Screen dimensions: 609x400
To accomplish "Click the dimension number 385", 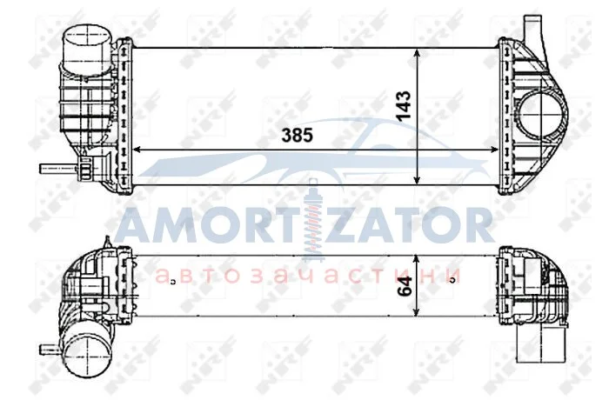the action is (298, 136).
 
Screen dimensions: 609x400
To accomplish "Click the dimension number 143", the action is (403, 105).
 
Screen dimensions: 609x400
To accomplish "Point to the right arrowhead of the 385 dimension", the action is (493, 150).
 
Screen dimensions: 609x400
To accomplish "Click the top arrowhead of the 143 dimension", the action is (417, 54).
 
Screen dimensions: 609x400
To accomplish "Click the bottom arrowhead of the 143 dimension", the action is (417, 178).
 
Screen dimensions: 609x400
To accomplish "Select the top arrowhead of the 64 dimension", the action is (416, 260).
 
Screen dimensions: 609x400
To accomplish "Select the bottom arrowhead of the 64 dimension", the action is (416, 310).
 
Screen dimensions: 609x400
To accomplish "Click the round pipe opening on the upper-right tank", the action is (542, 114).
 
